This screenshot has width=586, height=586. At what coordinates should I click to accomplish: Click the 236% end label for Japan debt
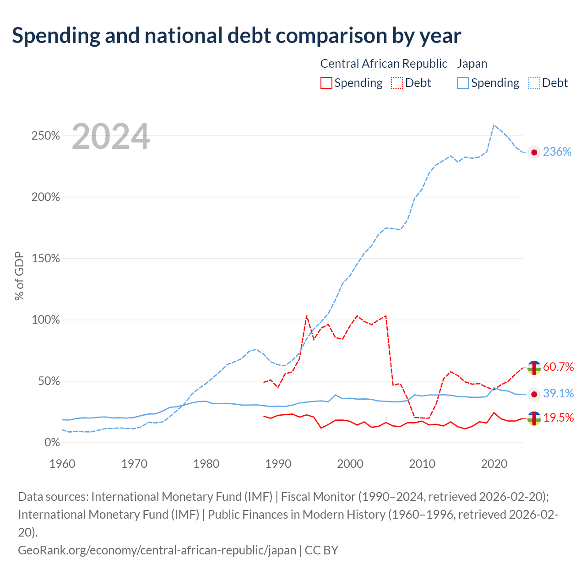pyautogui.click(x=557, y=152)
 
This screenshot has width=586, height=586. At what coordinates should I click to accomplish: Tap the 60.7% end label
pyautogui.click(x=558, y=367)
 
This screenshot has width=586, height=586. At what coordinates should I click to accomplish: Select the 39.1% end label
pyautogui.click(x=558, y=393)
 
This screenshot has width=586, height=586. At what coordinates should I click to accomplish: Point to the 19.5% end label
pyautogui.click(x=559, y=418)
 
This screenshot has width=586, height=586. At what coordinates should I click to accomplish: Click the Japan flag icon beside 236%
pyautogui.click(x=534, y=152)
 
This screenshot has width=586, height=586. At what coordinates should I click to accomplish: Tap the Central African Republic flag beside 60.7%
pyautogui.click(x=534, y=368)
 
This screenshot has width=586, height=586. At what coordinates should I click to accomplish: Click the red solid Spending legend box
pyautogui.click(x=326, y=83)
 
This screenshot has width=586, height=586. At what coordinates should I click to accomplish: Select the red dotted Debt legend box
pyautogui.click(x=397, y=83)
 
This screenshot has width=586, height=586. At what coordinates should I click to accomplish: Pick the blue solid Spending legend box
pyautogui.click(x=462, y=83)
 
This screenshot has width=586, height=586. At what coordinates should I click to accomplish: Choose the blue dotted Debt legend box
pyautogui.click(x=533, y=83)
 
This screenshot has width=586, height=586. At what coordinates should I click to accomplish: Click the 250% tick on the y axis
pyautogui.click(x=46, y=136)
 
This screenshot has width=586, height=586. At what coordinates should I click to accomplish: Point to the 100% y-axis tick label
pyautogui.click(x=46, y=320)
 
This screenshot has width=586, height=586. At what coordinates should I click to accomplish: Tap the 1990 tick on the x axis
pyautogui.click(x=278, y=464)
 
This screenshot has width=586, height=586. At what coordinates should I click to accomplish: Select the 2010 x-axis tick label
pyautogui.click(x=422, y=464)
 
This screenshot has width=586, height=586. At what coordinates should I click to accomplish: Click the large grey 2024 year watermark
pyautogui.click(x=111, y=136)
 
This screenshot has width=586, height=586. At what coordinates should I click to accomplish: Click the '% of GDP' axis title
pyautogui.click(x=19, y=276)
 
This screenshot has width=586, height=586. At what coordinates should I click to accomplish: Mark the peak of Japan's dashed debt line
pyautogui.click(x=494, y=125)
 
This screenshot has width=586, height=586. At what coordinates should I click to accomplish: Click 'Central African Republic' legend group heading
pyautogui.click(x=384, y=64)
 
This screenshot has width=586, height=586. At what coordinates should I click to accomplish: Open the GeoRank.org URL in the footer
pyautogui.click(x=157, y=550)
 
